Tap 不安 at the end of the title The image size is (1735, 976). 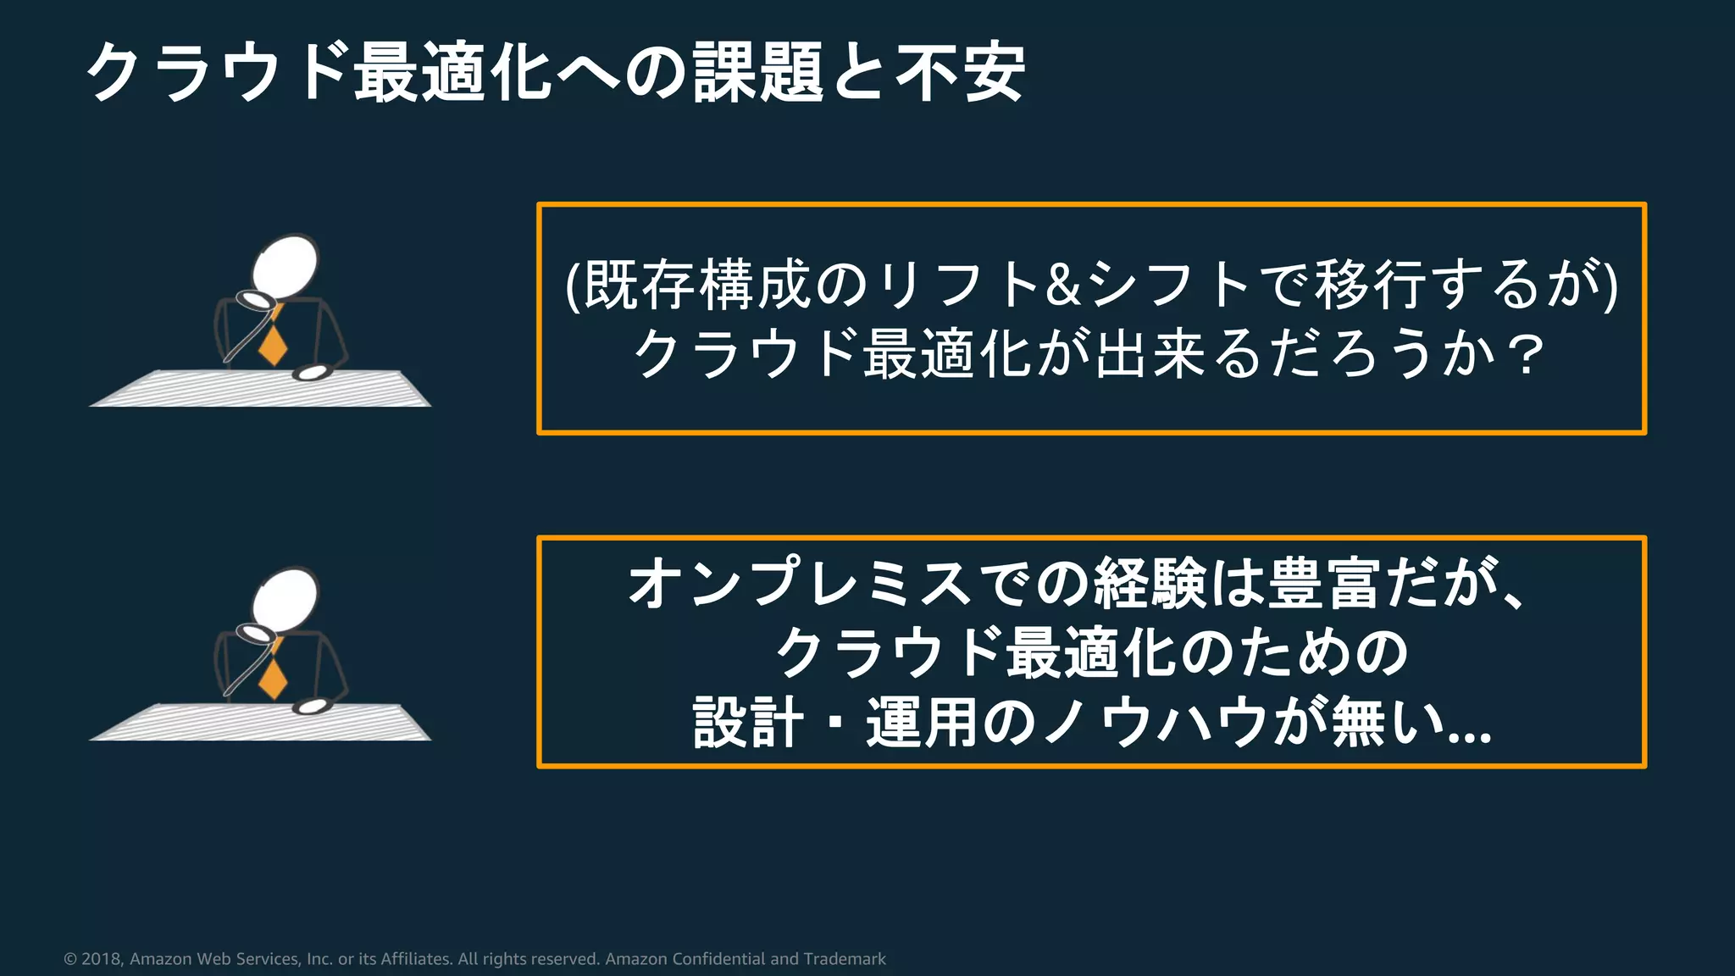961,74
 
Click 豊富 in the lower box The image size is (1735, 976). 1325,584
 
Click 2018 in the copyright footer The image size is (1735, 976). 102,959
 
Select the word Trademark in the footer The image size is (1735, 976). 845,959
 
